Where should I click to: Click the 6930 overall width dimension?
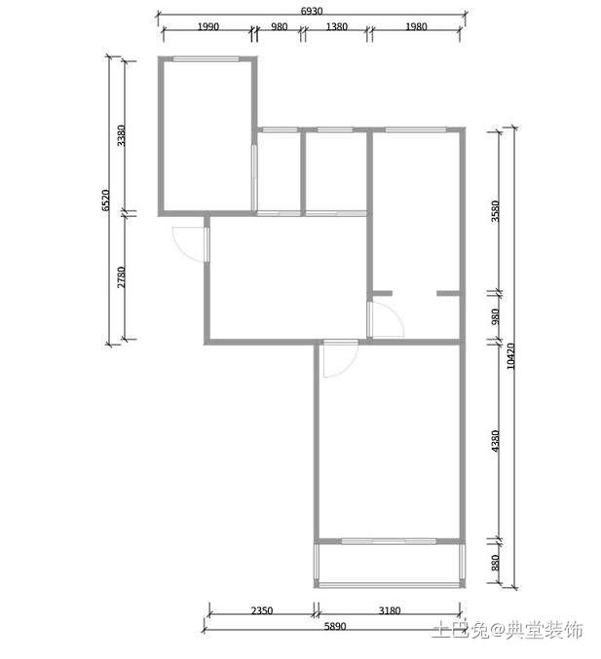pyautogui.click(x=312, y=11)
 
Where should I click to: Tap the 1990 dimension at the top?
pyautogui.click(x=208, y=27)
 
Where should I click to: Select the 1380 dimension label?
pyautogui.click(x=337, y=27)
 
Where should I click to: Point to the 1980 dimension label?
pyautogui.click(x=416, y=27)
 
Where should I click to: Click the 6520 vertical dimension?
pyautogui.click(x=106, y=201)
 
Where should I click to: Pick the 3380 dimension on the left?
pyautogui.click(x=121, y=135)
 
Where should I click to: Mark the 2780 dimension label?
pyautogui.click(x=121, y=277)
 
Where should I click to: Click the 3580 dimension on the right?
pyautogui.click(x=496, y=211)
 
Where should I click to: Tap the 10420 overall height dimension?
pyautogui.click(x=510, y=356)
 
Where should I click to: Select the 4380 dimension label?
pyautogui.click(x=496, y=441)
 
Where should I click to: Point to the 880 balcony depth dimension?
pyautogui.click(x=496, y=563)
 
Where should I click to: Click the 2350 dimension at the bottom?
pyautogui.click(x=262, y=610)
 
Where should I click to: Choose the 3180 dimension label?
pyautogui.click(x=390, y=610)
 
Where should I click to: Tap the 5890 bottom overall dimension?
pyautogui.click(x=335, y=627)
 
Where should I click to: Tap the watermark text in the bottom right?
pyautogui.click(x=507, y=630)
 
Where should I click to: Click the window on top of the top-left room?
pyautogui.click(x=207, y=59)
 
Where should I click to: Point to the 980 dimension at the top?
pyautogui.click(x=280, y=27)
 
